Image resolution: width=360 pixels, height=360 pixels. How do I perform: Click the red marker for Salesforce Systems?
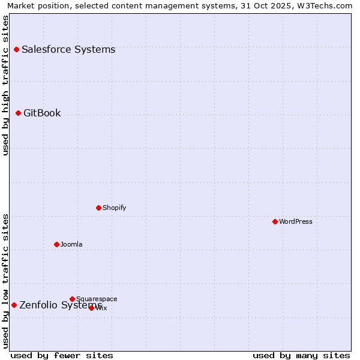pyautogui.click(x=16, y=49)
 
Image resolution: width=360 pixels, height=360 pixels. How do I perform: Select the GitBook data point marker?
pyautogui.click(x=18, y=113)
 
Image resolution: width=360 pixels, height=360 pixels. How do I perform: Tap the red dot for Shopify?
pyautogui.click(x=98, y=208)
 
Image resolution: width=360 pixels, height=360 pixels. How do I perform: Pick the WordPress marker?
pyautogui.click(x=275, y=221)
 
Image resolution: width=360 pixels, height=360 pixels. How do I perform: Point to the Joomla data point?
pyautogui.click(x=56, y=244)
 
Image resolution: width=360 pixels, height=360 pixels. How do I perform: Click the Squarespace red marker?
pyautogui.click(x=72, y=299)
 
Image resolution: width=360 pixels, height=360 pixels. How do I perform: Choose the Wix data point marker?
pyautogui.click(x=91, y=308)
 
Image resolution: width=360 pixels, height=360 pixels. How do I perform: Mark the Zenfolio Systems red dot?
pyautogui.click(x=14, y=305)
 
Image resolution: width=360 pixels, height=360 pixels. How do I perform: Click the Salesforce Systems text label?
pyautogui.click(x=68, y=49)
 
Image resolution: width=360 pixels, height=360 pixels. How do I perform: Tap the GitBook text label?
pyautogui.click(x=42, y=113)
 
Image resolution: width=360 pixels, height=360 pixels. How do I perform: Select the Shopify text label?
pyautogui.click(x=114, y=208)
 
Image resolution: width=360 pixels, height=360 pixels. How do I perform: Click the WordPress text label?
pyautogui.click(x=296, y=221)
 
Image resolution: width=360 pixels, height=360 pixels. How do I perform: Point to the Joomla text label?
pyautogui.click(x=71, y=244)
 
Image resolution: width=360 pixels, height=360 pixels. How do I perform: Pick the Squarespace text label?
pyautogui.click(x=97, y=299)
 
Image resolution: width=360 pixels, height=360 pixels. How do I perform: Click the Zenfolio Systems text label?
pyautogui.click(x=60, y=305)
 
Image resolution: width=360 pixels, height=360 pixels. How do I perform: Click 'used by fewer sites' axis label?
pyautogui.click(x=62, y=355)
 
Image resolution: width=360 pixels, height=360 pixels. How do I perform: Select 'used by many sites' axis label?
pyautogui.click(x=301, y=355)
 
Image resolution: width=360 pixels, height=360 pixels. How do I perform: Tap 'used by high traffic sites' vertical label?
pyautogui.click(x=5, y=85)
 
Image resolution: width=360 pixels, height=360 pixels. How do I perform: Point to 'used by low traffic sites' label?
pyautogui.click(x=5, y=281)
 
